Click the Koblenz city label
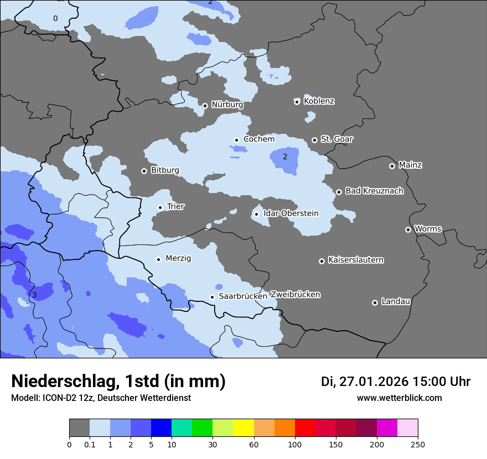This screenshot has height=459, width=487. pos(319,101)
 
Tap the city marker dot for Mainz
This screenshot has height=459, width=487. pos(392,166)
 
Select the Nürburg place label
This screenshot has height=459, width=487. pos(227,105)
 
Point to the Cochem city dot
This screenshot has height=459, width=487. pos(236,140)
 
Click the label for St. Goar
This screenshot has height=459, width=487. pos(336,139)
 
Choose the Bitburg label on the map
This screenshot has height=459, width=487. pos(165,170)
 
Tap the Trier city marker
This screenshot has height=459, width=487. pos(160,207)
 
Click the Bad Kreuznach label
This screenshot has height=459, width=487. pos(374,191)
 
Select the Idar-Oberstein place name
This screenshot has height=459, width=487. pos(291,213)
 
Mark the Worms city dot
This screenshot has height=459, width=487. pos(408,229)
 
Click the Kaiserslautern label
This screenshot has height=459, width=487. pos(355,260)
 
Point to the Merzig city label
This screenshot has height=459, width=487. pos(178,259)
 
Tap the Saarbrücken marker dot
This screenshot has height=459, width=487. pos(212,297)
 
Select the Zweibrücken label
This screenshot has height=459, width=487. pos(295,295)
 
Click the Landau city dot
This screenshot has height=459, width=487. pos(375,302)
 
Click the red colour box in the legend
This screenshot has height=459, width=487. pos(305,428)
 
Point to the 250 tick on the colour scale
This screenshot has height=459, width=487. pos(417,444)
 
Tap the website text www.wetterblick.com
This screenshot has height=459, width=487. pos(399,398)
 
